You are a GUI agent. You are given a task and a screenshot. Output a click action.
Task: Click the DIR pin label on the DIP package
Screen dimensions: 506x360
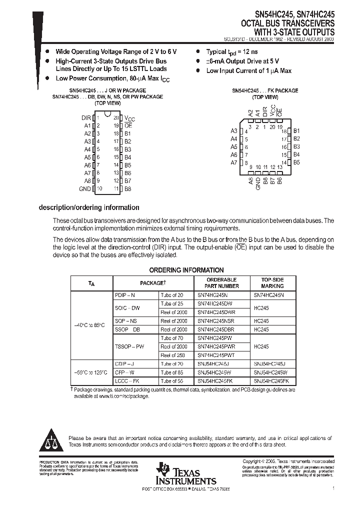tap(85, 118)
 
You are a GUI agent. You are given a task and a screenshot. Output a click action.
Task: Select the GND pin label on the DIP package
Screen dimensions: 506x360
tap(85, 189)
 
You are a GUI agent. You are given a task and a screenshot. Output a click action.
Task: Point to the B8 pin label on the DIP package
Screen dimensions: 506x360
tap(128, 189)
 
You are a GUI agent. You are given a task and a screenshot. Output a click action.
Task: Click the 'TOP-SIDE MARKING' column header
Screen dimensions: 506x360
tap(272, 283)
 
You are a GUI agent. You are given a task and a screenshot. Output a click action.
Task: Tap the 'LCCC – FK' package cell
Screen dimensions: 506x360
tap(125, 381)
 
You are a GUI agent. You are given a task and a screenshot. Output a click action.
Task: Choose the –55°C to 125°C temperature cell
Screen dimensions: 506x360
tap(90, 372)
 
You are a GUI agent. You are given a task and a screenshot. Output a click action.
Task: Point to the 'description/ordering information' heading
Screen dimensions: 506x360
tap(89, 207)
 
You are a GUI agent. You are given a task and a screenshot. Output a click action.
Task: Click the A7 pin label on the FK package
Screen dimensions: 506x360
tap(233, 163)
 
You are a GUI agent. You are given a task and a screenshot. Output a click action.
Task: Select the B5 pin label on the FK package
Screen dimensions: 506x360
tap(296, 162)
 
